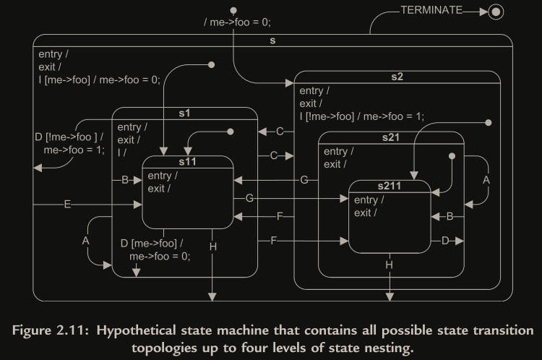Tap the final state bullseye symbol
tap(495, 12)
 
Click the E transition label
tap(67, 205)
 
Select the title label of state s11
tap(188, 162)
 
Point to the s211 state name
tap(390, 187)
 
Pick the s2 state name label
tap(397, 77)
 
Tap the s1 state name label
tap(186, 113)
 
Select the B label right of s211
tap(449, 215)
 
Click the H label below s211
tap(390, 266)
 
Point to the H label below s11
tap(212, 247)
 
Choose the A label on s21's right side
tap(486, 179)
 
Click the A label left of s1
tap(86, 240)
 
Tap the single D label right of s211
tap(446, 240)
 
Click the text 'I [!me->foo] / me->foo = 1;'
tap(361, 116)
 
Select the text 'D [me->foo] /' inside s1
tap(152, 244)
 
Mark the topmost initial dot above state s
tap(233, 11)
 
